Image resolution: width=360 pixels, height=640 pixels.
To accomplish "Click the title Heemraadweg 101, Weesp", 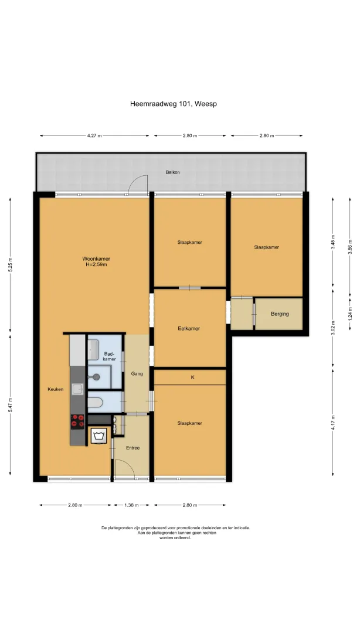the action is (x=174, y=104).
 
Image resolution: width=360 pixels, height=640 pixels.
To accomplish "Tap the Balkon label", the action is (x=172, y=172).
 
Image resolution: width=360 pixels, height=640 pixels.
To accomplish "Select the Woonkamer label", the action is (x=96, y=258).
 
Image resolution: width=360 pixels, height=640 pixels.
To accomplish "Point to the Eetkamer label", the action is (x=189, y=328).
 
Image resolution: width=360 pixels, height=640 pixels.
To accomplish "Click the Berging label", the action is (x=280, y=314).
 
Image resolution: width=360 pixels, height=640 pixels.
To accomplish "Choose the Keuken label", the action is (x=56, y=389).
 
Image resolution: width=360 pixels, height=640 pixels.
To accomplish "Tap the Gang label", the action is (x=137, y=373).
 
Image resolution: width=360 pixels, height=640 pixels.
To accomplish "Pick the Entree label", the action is (x=133, y=448).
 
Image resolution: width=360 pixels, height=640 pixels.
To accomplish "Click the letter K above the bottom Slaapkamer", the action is (x=193, y=377).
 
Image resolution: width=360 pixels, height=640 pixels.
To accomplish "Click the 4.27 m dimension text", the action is (x=94, y=136).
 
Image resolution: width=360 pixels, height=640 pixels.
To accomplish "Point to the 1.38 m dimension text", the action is (x=131, y=505).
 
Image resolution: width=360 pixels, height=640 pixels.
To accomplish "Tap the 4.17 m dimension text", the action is (x=333, y=423).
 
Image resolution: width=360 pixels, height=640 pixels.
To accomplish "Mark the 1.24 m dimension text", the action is (x=350, y=315).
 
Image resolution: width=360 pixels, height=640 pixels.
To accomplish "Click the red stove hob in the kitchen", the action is (x=77, y=421).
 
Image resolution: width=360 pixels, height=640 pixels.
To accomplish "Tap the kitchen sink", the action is (x=77, y=389).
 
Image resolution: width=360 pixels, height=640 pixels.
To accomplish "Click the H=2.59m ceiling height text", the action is (x=96, y=264).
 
